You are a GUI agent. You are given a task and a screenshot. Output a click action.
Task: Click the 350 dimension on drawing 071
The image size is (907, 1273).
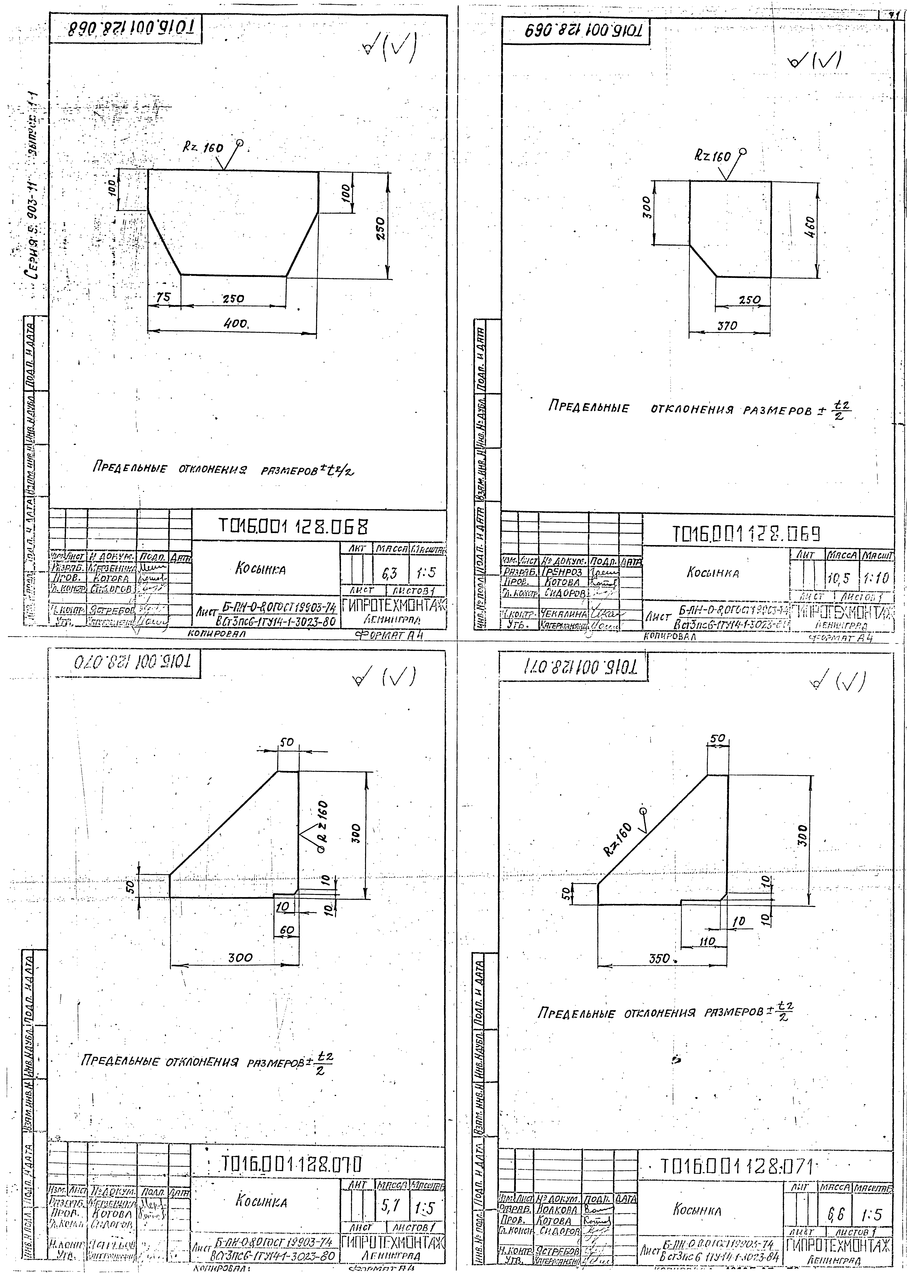tap(660, 959)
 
